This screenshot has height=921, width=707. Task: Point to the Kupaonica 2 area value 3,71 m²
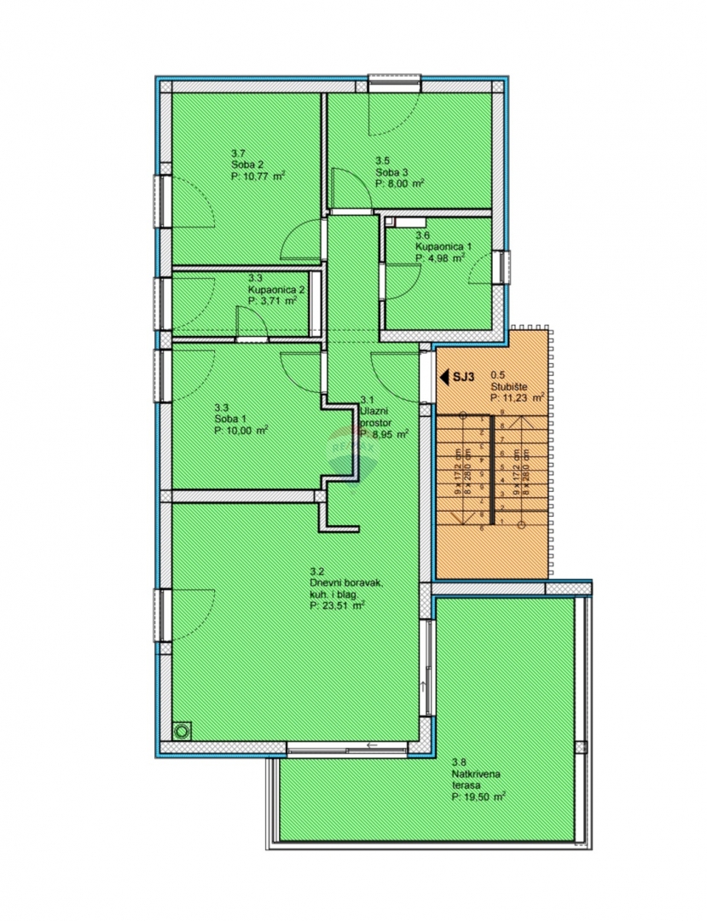click(272, 300)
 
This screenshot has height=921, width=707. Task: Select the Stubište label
click(507, 385)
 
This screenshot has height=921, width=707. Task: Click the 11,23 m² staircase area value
click(518, 397)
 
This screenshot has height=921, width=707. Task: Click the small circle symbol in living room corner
click(181, 731)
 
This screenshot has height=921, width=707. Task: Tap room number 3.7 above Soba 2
click(238, 153)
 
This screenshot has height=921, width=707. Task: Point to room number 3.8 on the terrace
click(459, 762)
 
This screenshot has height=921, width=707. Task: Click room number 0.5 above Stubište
click(497, 374)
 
